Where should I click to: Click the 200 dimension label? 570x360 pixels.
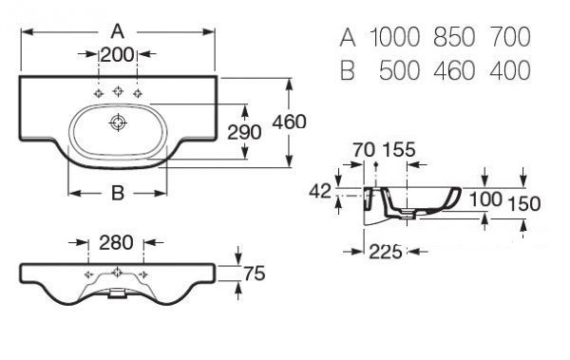pyautogui.click(x=117, y=55)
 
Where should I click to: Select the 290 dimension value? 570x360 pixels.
pyautogui.click(x=244, y=132)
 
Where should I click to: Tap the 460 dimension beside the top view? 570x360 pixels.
pyautogui.click(x=290, y=122)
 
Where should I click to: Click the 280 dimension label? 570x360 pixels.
pyautogui.click(x=116, y=242)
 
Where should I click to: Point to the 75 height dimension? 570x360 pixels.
pyautogui.click(x=255, y=274)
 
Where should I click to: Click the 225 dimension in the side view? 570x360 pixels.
pyautogui.click(x=386, y=252)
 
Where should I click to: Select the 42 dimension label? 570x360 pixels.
pyautogui.click(x=320, y=191)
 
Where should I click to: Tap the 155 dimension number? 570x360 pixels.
pyautogui.click(x=399, y=149)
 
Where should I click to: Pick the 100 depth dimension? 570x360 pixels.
pyautogui.click(x=485, y=199)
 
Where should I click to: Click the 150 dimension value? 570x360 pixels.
pyautogui.click(x=523, y=204)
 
